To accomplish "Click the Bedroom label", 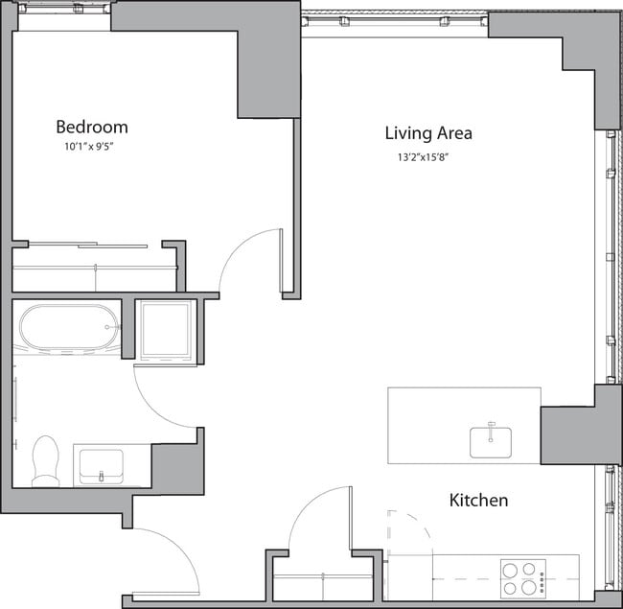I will pyautogui.click(x=91, y=127).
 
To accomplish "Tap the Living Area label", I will pyautogui.click(x=427, y=133).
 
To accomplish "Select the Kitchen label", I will pyautogui.click(x=478, y=501).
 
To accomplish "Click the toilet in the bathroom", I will pyautogui.click(x=45, y=460).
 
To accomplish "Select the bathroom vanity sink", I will pyautogui.click(x=100, y=466).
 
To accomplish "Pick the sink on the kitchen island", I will pyautogui.click(x=491, y=440).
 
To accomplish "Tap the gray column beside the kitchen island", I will pyautogui.click(x=579, y=427).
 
